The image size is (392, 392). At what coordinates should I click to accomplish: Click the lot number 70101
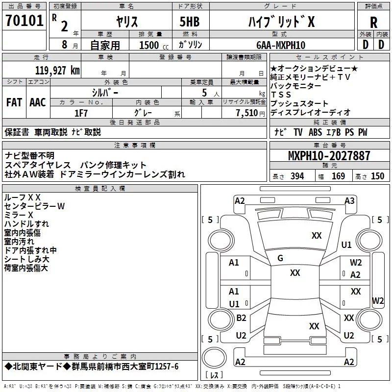point(25,21)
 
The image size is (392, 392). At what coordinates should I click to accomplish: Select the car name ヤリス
point(126,22)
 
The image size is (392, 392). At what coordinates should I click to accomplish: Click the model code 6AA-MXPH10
point(281,45)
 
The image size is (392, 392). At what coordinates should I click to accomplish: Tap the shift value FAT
point(14,102)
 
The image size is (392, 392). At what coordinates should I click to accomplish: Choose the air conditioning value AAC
point(37,102)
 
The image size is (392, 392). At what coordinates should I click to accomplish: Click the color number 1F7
point(80,113)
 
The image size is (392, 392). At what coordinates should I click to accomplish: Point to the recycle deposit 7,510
point(247,113)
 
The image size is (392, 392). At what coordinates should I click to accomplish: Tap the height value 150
point(377,176)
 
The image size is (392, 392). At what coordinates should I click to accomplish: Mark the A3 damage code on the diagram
point(349,200)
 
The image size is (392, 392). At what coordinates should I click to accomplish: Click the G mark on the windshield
point(280,258)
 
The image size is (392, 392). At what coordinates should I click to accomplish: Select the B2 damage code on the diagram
point(241,318)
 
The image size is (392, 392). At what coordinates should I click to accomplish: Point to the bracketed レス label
point(214,375)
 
